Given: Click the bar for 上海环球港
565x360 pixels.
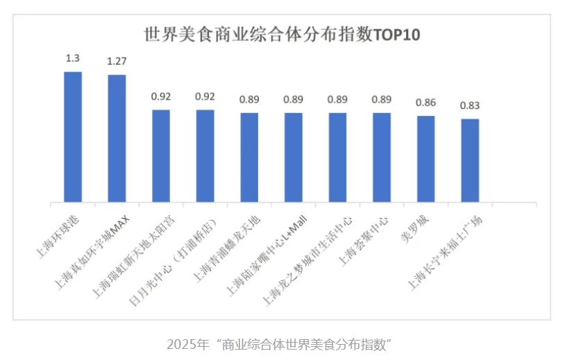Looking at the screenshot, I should tap(73, 137).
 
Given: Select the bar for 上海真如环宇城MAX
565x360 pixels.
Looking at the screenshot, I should tap(117, 139).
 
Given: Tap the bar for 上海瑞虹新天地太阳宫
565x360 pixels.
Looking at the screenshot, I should tap(161, 156).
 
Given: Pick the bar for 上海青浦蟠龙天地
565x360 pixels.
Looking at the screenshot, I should tap(249, 158).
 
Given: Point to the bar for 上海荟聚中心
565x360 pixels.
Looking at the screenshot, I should tap(382, 158).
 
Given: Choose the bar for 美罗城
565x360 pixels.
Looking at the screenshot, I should tap(426, 160).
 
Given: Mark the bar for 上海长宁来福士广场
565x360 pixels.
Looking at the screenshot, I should tap(470, 161).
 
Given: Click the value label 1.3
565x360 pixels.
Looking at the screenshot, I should tap(73, 58).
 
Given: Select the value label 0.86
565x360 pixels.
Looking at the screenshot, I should tap(425, 103).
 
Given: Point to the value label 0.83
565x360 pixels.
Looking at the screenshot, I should tap(470, 105).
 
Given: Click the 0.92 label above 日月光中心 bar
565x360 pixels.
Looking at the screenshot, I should tap(205, 96).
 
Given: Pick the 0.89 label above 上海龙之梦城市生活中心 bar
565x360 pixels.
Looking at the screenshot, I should tap(337, 99).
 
